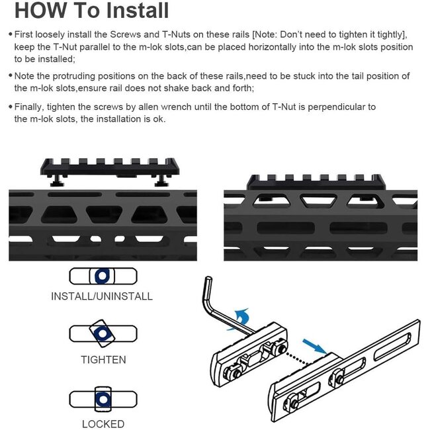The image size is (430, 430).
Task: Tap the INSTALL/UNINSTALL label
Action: pyautogui.click(x=102, y=296)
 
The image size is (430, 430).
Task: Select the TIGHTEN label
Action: pyautogui.click(x=103, y=360)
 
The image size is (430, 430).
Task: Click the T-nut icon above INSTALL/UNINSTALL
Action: pyautogui.click(x=103, y=275)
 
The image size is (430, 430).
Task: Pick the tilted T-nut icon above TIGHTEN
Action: pyautogui.click(x=103, y=336)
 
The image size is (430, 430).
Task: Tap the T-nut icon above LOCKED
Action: pyautogui.click(x=103, y=399)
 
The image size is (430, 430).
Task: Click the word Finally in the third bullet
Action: pyautogui.click(x=30, y=107)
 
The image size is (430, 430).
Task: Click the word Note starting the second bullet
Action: pyautogui.click(x=26, y=76)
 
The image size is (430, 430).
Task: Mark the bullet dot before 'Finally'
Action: pyautogui.click(x=9, y=107)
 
